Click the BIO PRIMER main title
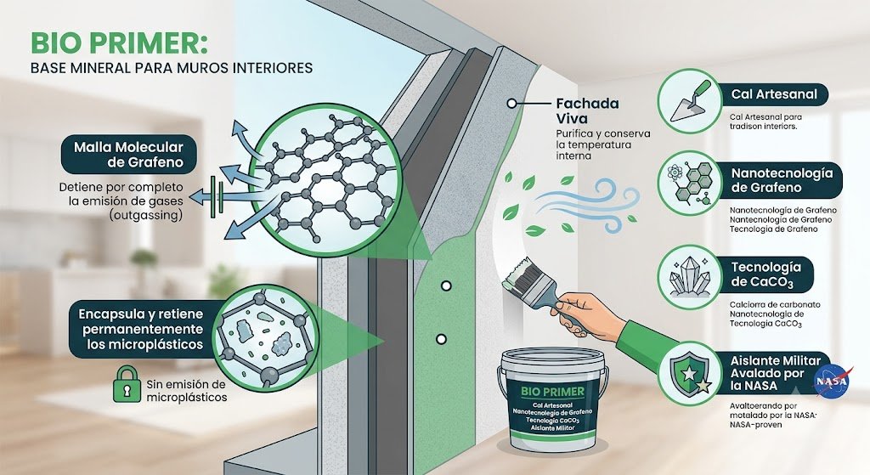tap(119, 42)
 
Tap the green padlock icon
tap(127, 384)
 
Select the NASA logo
tap(831, 382)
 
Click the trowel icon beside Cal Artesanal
tap(690, 101)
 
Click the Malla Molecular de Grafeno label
tap(129, 155)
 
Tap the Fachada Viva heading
tap(579, 111)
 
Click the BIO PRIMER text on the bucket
tap(552, 391)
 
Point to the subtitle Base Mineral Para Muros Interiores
tap(172, 68)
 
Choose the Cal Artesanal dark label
tap(773, 94)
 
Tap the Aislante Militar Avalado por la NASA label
tap(775, 373)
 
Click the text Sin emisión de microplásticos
tap(186, 391)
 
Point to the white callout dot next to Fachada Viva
tap(511, 103)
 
